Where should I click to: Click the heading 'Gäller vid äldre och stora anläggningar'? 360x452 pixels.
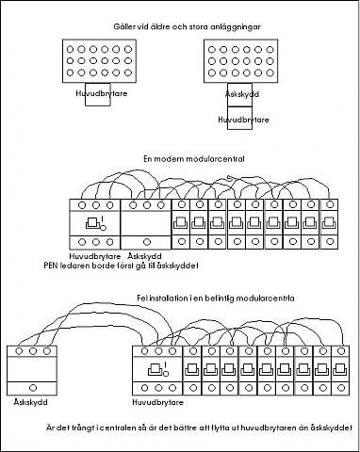coord(187,26)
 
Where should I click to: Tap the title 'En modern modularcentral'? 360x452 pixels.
coord(194,158)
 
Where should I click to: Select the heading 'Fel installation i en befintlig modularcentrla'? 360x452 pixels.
coord(216,298)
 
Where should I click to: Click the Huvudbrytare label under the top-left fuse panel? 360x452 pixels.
coord(102,93)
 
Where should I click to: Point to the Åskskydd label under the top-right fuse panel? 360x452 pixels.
coord(242,94)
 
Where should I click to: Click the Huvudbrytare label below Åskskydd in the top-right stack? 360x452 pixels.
coord(243,120)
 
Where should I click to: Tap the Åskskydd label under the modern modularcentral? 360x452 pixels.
coord(145,256)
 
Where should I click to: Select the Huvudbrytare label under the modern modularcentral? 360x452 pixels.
coord(95,256)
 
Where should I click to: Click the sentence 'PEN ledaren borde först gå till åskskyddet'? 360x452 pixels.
coord(121,266)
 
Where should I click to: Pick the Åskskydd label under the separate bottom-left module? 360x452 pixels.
coord(30,402)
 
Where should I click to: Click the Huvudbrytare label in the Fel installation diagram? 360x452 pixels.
coord(157,402)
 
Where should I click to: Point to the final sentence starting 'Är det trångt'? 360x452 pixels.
coord(199,428)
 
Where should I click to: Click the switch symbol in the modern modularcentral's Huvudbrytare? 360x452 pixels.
coord(96,223)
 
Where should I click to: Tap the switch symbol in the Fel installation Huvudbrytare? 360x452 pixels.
coord(158,369)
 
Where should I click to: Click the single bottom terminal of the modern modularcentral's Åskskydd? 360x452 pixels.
coord(147,242)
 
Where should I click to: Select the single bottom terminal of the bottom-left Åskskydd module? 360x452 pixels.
coord(33,388)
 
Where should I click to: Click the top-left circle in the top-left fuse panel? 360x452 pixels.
coord(70,49)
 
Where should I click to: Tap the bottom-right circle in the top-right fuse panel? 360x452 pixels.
coord(270,73)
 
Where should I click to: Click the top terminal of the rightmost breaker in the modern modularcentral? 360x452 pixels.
coord(330,205)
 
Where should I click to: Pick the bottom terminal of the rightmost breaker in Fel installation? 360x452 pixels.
coord(340,388)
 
